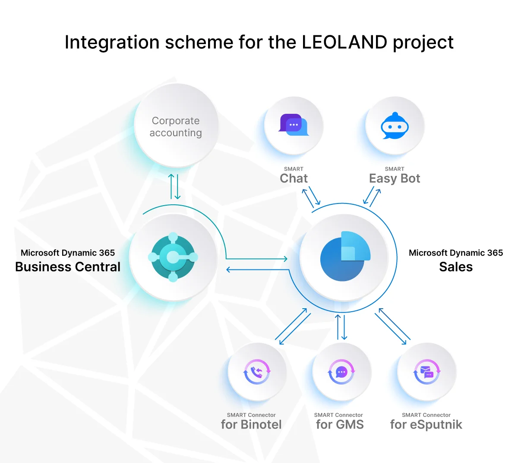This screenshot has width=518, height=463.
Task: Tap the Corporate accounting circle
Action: click(x=176, y=126)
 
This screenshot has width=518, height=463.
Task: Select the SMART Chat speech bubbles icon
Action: click(x=294, y=125)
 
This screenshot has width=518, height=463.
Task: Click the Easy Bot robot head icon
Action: click(x=395, y=126)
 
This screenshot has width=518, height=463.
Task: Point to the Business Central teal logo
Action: click(x=173, y=257)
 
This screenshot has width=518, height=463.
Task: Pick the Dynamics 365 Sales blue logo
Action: click(x=344, y=256)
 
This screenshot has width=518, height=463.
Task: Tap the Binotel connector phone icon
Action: click(x=257, y=372)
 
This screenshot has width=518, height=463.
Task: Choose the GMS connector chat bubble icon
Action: click(x=341, y=372)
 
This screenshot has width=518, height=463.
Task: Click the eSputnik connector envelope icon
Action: click(x=426, y=372)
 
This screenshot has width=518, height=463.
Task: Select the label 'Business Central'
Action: click(x=68, y=267)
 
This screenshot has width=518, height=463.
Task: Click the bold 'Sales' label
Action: click(x=456, y=267)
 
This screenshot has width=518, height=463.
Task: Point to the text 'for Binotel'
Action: click(x=251, y=425)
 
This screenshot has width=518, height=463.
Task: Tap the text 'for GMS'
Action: click(x=340, y=425)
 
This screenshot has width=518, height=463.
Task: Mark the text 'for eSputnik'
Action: click(x=426, y=425)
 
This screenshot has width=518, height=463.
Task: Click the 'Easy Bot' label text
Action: click(x=395, y=178)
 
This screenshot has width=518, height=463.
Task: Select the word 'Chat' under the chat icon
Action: click(x=294, y=178)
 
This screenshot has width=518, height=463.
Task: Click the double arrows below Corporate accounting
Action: click(x=174, y=186)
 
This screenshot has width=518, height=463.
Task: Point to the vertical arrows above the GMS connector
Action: click(x=341, y=327)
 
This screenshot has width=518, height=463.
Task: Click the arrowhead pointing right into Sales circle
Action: click(x=285, y=259)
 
